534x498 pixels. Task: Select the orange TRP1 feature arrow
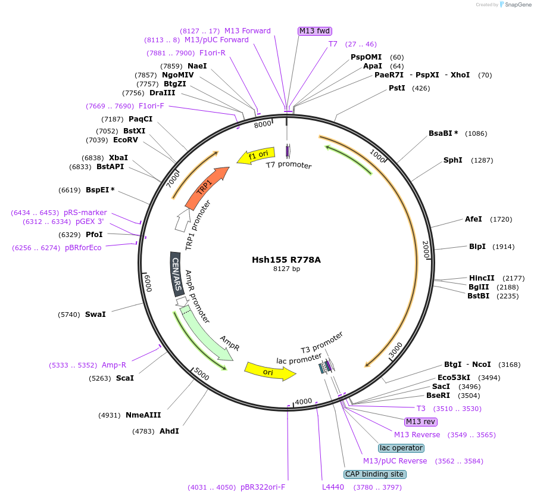pyautogui.click(x=206, y=188)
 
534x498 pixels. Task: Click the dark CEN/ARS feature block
pyautogui.click(x=177, y=273)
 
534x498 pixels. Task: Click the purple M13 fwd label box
pyautogui.click(x=314, y=31)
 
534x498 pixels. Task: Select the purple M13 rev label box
pyautogui.click(x=421, y=422)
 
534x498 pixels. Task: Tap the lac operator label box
pyautogui.click(x=401, y=448)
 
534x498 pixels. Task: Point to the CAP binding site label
pyautogui.click(x=375, y=474)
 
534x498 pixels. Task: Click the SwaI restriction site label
pyautogui.click(x=95, y=314)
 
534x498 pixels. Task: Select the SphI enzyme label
pyautogui.click(x=453, y=160)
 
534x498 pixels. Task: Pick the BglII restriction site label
pyautogui.click(x=479, y=287)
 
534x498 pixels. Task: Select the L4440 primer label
pyautogui.click(x=333, y=487)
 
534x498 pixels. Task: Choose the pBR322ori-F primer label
pyautogui.click(x=263, y=487)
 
